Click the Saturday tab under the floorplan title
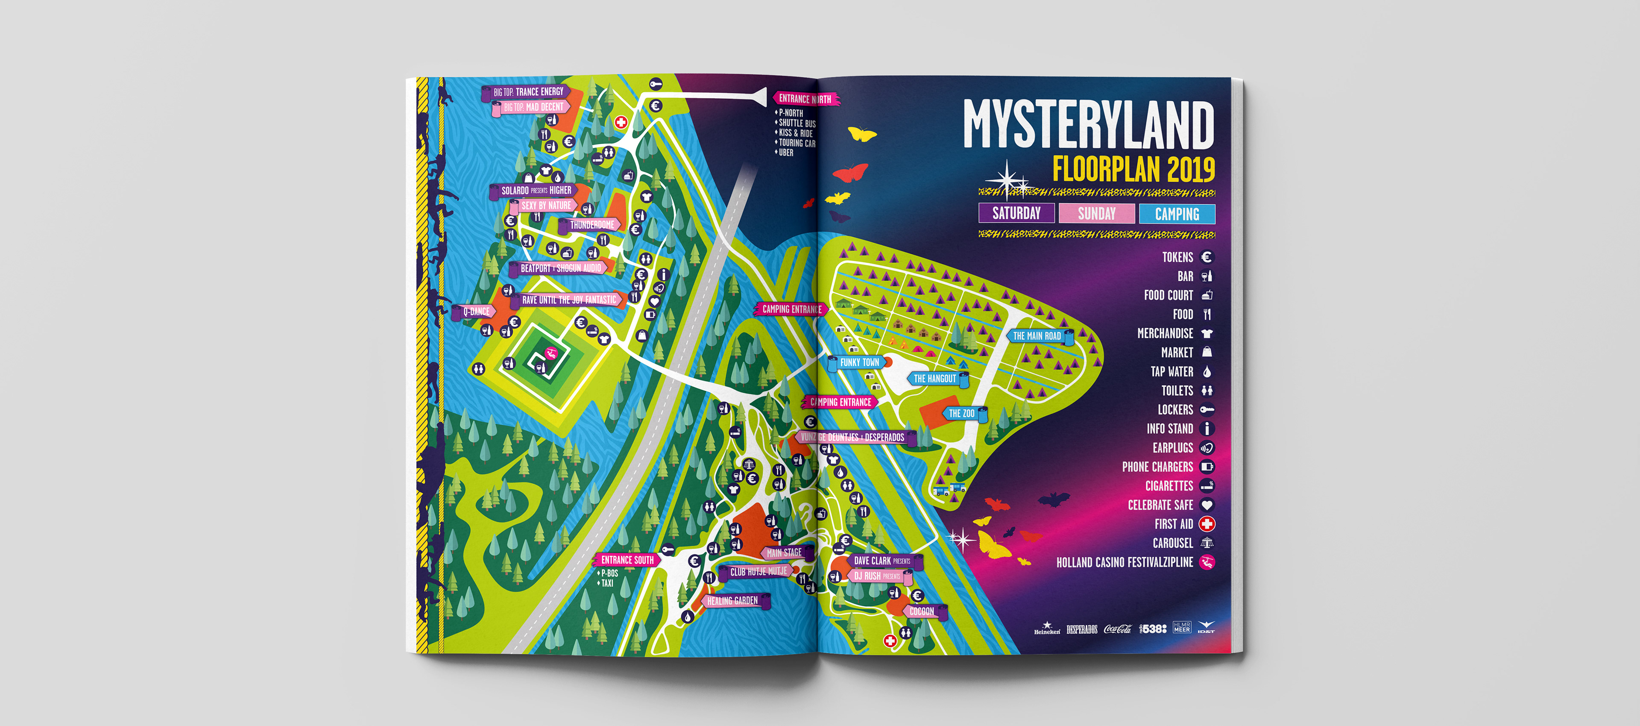tap(1016, 213)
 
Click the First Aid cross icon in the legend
tap(1207, 524)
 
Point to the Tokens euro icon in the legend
tap(1207, 257)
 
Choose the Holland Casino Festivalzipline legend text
tap(1125, 562)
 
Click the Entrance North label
tap(805, 99)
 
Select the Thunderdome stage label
tap(592, 225)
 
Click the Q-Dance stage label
tap(476, 312)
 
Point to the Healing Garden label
tap(732, 600)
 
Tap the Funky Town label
tap(859, 362)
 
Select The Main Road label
tap(1037, 335)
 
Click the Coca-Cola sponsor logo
tap(1117, 629)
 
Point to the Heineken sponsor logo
tap(1047, 629)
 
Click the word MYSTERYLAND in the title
tap(1088, 124)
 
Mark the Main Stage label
tap(784, 553)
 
